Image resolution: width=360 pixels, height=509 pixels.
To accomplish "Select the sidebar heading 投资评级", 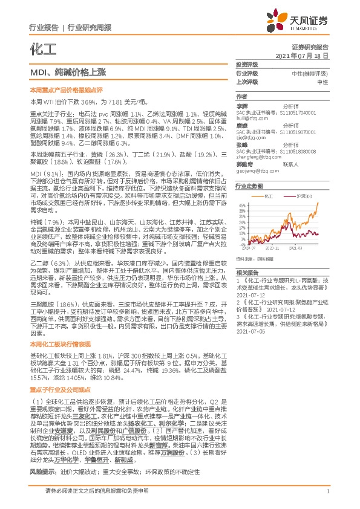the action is pos(246,64).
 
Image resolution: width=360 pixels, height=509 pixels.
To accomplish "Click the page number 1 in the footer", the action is pos(327,499).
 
